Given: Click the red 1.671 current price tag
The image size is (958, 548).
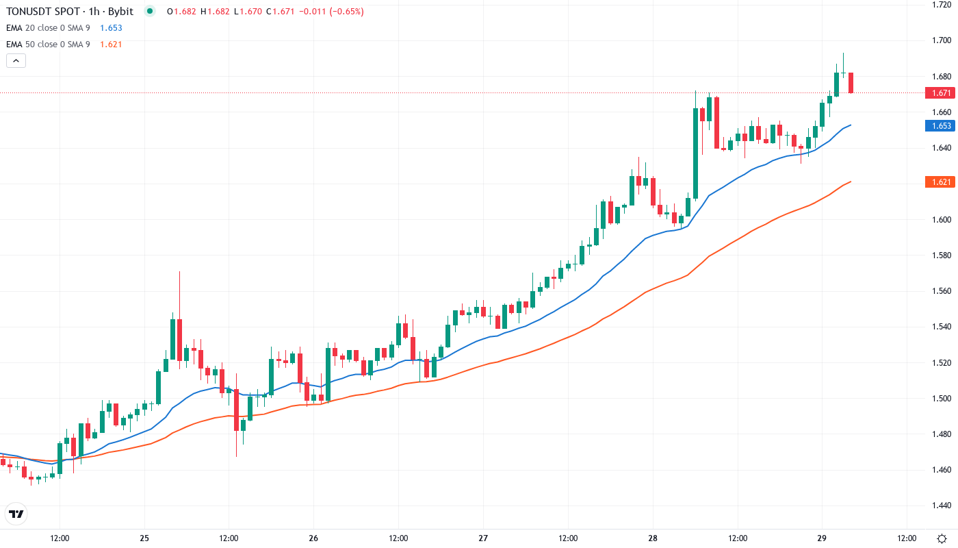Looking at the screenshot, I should pyautogui.click(x=939, y=92).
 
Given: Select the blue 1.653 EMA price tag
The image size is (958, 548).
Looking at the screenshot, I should pyautogui.click(x=939, y=126).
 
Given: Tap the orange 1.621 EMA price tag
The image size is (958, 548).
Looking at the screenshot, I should pyautogui.click(x=939, y=182).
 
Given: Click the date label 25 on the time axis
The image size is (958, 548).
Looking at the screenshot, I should pyautogui.click(x=144, y=538).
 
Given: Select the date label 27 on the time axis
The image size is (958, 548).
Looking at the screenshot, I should pyautogui.click(x=483, y=538).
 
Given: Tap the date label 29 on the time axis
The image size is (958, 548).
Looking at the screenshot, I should pyautogui.click(x=823, y=538).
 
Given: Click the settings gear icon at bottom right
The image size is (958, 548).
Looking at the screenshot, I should pyautogui.click(x=942, y=538).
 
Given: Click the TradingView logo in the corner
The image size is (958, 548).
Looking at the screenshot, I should pyautogui.click(x=16, y=514).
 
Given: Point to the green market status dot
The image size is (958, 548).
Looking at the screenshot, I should pyautogui.click(x=150, y=12).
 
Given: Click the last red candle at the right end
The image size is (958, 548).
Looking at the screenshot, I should pyautogui.click(x=851, y=82).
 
